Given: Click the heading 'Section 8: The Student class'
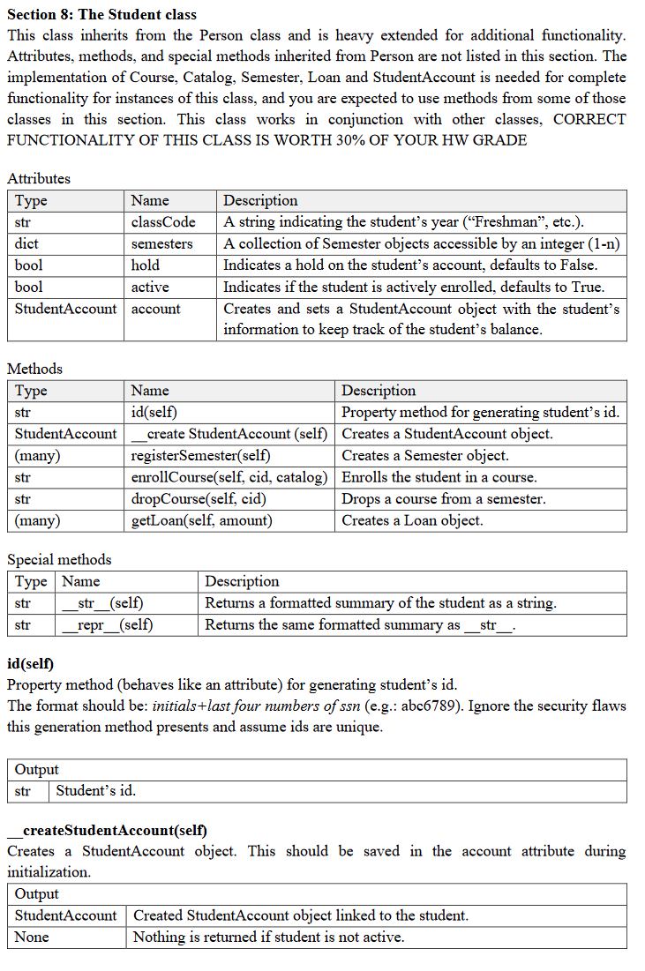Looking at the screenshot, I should click(101, 14).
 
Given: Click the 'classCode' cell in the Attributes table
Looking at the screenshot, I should click(163, 222).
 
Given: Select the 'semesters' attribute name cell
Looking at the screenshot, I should click(161, 243).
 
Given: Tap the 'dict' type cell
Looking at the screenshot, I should click(27, 243).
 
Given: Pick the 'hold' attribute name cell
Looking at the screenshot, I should click(146, 265).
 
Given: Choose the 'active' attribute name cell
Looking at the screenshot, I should click(150, 287).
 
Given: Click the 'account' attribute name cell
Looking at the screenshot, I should click(156, 309).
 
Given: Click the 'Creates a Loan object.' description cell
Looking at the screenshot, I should click(412, 520).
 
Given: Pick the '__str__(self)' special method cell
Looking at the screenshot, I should click(104, 603).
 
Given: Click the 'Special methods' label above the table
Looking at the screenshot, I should click(59, 559).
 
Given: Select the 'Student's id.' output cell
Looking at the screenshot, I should click(96, 790).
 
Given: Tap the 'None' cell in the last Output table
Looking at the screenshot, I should click(32, 937).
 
